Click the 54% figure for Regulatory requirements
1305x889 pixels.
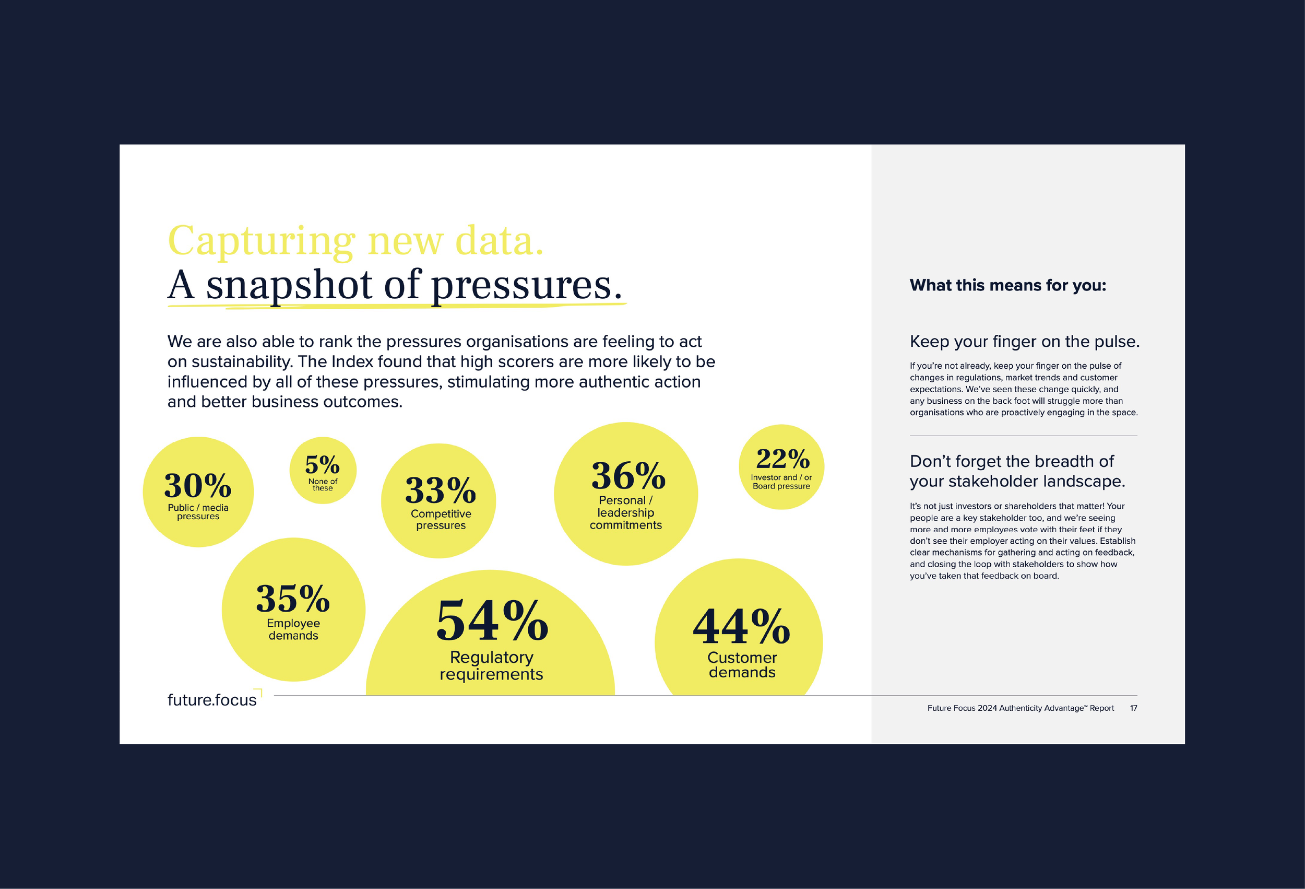tap(492, 620)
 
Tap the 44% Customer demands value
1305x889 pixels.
tap(741, 627)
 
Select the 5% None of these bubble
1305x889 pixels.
tap(323, 470)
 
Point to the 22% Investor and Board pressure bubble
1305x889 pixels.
tap(781, 467)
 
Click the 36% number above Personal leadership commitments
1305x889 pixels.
tap(628, 476)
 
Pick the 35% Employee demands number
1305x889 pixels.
tap(292, 599)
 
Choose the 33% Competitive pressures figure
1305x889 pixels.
tap(441, 490)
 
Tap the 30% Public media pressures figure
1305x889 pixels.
tap(198, 486)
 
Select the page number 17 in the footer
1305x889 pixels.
tap(1133, 708)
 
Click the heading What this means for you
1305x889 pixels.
tap(1008, 286)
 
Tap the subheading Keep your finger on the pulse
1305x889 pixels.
tap(1025, 342)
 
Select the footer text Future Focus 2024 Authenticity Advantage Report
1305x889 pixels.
tap(1021, 708)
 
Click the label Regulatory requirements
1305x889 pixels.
tap(491, 665)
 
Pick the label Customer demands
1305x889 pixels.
tap(742, 665)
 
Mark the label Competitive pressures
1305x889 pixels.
tap(441, 519)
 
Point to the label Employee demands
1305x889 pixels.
tap(293, 629)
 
